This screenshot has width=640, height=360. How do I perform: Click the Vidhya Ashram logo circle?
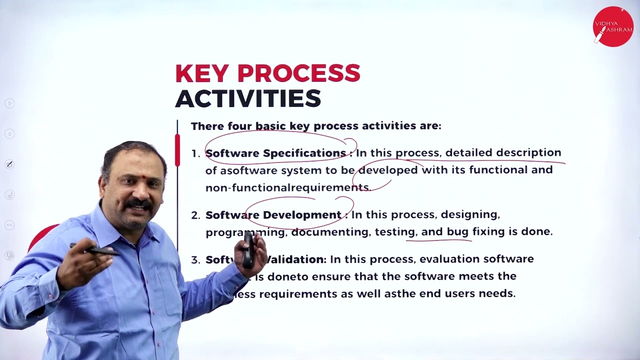[x=612, y=26]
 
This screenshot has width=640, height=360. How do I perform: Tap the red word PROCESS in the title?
[x=298, y=74]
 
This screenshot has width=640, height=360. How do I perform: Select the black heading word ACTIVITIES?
[x=248, y=98]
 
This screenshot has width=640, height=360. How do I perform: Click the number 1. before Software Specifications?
[x=195, y=153]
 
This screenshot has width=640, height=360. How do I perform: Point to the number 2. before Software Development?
[x=195, y=215]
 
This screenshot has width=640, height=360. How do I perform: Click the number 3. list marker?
[x=195, y=260]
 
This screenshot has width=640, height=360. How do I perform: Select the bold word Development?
[x=301, y=215]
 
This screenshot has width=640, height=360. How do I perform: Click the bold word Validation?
[x=296, y=259]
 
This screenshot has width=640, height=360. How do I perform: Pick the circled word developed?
[x=388, y=170]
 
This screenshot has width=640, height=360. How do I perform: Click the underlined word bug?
[x=457, y=231]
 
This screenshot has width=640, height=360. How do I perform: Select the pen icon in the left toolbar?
[x=9, y=164]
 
